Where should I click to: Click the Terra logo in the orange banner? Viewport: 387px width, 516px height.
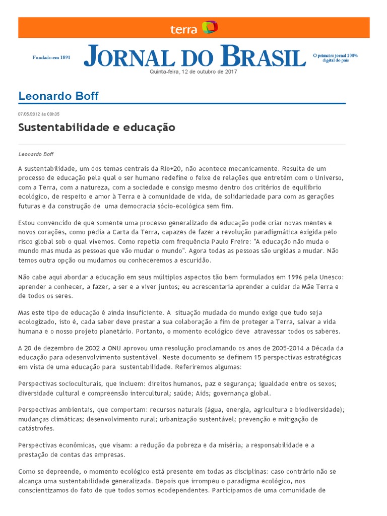point(194,28)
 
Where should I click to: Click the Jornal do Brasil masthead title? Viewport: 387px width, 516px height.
point(195,56)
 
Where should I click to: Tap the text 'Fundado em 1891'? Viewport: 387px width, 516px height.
point(51,57)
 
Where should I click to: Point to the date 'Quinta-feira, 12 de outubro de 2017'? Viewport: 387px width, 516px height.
point(193,72)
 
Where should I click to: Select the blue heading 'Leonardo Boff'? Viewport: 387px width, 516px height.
point(58,96)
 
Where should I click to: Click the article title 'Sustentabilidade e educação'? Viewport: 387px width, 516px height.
point(97,127)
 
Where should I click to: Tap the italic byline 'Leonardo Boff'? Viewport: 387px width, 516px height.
point(36,154)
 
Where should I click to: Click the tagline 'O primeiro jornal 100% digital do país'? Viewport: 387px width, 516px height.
point(335,57)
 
